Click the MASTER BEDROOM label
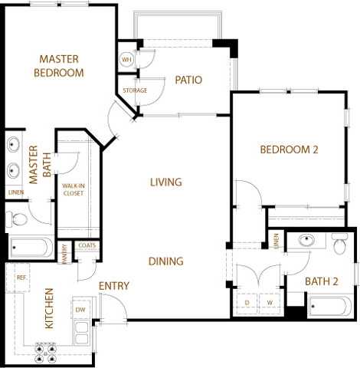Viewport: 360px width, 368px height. pos(60,65)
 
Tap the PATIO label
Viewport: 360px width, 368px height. pos(188,80)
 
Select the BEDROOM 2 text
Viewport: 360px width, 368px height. pos(288,149)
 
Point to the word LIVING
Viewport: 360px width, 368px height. pos(165,182)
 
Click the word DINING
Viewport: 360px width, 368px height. pos(166,261)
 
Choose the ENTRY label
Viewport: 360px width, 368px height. pos(113,286)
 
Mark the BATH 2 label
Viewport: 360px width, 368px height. pos(322,281)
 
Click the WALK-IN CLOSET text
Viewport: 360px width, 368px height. pos(73,189)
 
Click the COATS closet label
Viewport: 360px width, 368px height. pos(87,246)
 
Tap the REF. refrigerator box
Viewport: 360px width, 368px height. pos(21,278)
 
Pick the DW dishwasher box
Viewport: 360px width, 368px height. pos(80,309)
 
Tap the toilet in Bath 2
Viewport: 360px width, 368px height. pos(340,242)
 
